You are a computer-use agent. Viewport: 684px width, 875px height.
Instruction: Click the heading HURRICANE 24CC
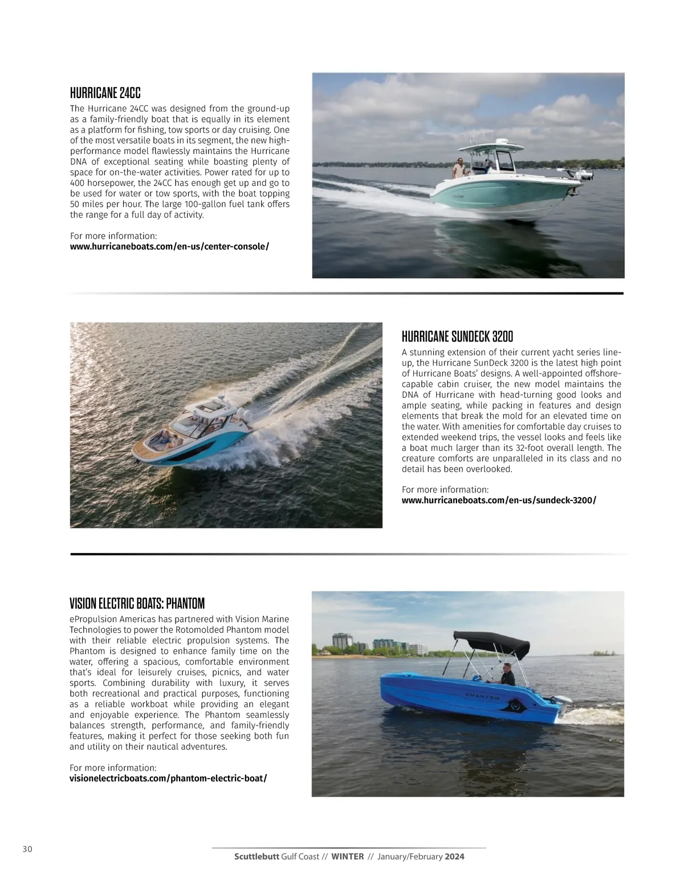(x=105, y=93)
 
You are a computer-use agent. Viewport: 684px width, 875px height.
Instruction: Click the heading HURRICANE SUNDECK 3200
(x=457, y=336)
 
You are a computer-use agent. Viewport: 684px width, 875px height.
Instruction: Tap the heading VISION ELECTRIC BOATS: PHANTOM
(x=137, y=603)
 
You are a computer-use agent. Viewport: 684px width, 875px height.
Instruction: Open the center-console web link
(x=169, y=247)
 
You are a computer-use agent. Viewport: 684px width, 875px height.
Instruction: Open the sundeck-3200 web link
(x=499, y=500)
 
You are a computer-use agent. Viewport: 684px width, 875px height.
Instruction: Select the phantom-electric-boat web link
(x=168, y=779)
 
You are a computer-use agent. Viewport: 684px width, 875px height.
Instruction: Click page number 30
(x=27, y=849)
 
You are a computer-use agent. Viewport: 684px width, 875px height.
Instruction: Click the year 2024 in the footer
(x=455, y=857)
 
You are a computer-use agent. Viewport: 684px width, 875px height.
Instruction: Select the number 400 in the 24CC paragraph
(x=78, y=184)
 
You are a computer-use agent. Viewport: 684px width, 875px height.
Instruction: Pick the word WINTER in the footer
(x=347, y=857)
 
